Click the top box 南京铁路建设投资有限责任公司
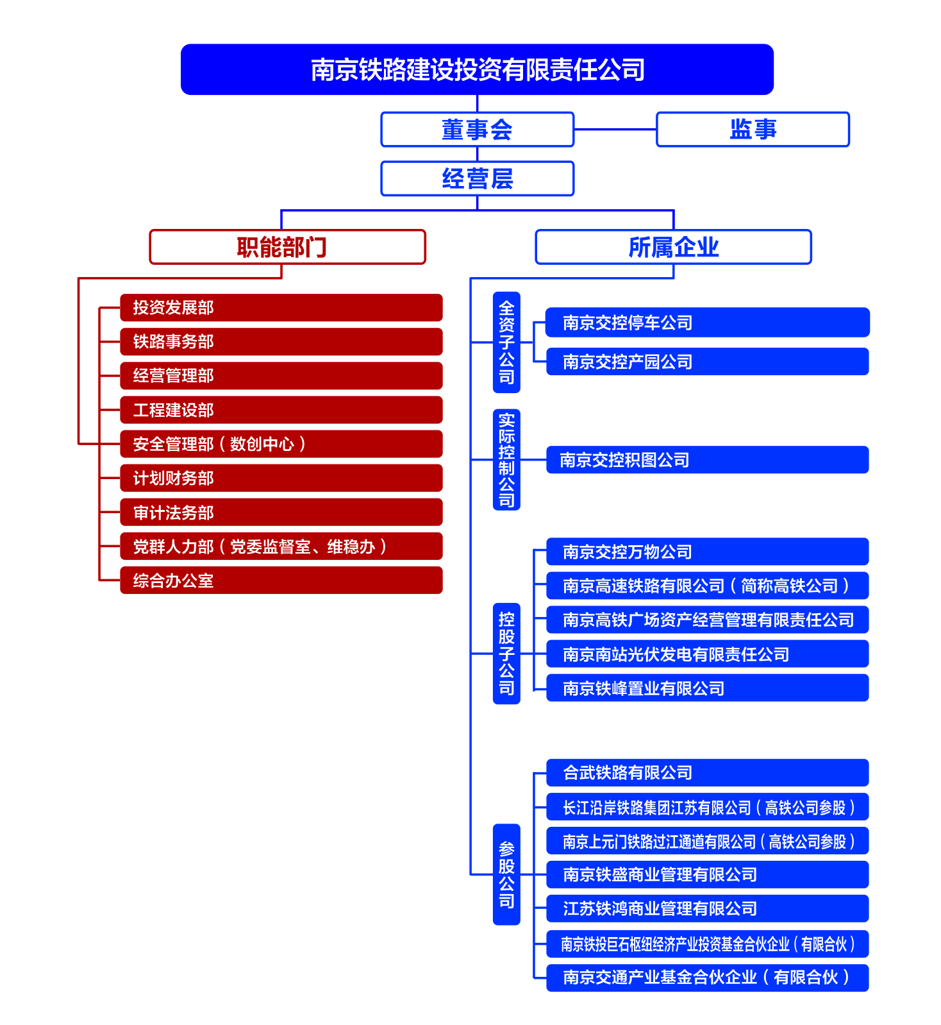pos(477,69)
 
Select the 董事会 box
pos(477,130)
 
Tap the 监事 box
pos(753,130)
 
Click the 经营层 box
pos(477,178)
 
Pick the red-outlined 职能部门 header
pos(287,247)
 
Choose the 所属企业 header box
pos(673,247)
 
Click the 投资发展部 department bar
pos(281,307)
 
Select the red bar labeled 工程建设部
pos(281,410)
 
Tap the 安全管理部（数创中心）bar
pos(281,444)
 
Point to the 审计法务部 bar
pos(281,512)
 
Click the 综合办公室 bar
pos(281,580)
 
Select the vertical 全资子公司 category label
pos(506,342)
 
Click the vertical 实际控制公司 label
pos(506,459)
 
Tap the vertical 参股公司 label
pos(506,874)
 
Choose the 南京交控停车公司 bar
pos(707,323)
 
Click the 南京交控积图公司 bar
pos(707,460)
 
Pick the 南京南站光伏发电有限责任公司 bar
pos(707,654)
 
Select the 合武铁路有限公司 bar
pos(707,773)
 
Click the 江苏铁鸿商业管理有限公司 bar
pos(707,909)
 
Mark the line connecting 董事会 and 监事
pos(615,130)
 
